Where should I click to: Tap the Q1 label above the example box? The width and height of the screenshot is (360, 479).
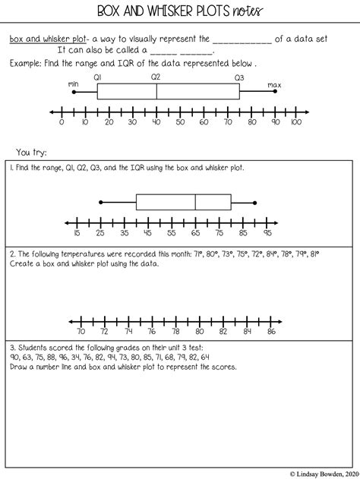point(98,77)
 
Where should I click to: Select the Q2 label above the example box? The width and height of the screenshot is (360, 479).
point(156,77)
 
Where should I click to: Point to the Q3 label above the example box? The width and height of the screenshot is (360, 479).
point(239,77)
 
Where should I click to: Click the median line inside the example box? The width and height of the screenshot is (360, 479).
point(156,91)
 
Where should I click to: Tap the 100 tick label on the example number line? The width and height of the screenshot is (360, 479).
point(295,121)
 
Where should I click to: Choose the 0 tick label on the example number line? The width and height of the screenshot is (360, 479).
point(62,121)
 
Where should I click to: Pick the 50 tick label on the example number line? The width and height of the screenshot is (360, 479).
point(179,121)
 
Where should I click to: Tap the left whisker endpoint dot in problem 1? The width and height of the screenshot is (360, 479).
point(101,202)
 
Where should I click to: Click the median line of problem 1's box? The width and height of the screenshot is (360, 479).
point(196,202)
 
